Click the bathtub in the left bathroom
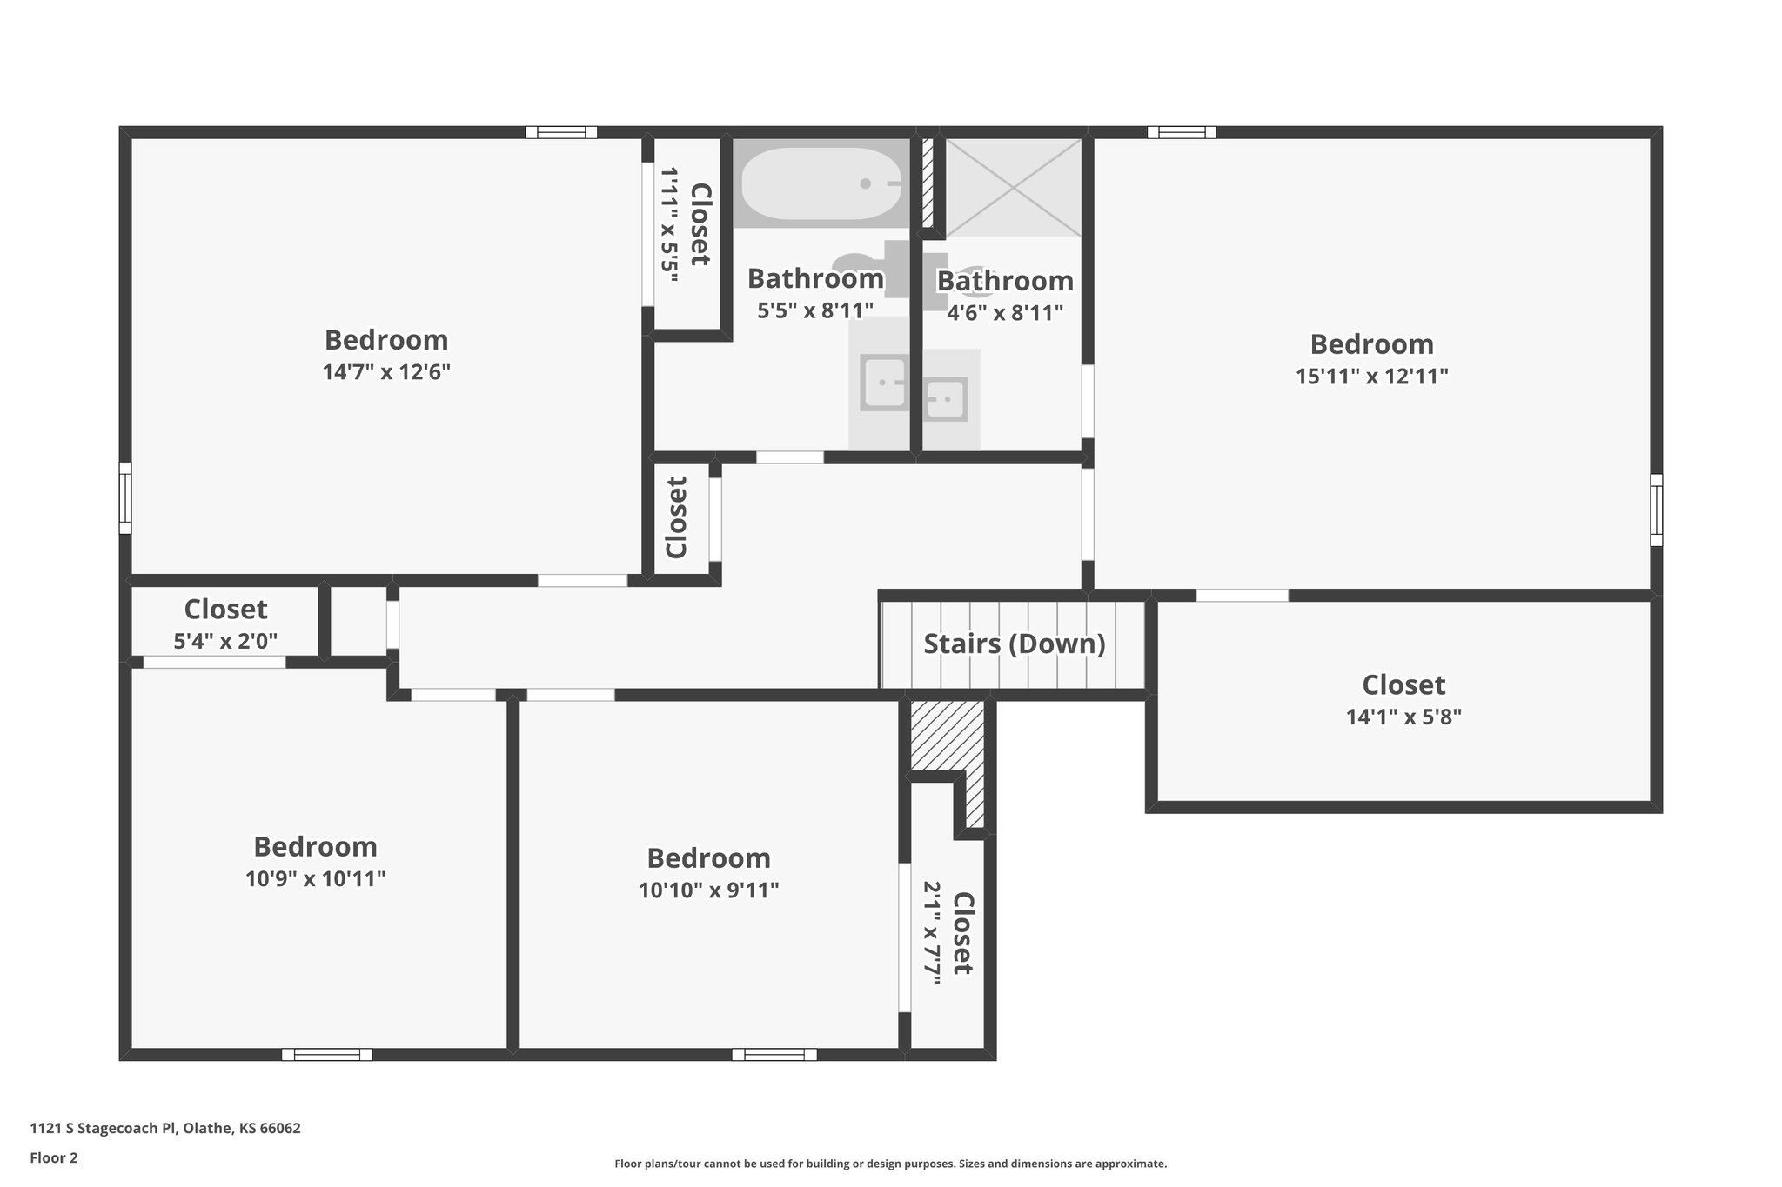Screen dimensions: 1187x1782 click(x=821, y=183)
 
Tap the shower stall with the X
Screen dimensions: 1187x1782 click(x=1014, y=187)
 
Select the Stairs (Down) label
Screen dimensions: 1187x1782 click(x=1014, y=644)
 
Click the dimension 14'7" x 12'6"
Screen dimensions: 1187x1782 click(x=386, y=372)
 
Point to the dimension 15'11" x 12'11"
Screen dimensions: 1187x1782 click(x=1371, y=377)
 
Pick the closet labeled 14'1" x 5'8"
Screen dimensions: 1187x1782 click(x=1403, y=700)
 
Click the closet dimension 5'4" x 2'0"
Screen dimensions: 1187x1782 click(x=225, y=642)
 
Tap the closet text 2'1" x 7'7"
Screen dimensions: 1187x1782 click(x=932, y=933)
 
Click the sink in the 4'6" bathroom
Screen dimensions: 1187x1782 click(x=945, y=400)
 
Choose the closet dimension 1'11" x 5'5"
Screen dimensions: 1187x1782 click(x=668, y=226)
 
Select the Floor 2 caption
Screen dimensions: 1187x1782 click(x=54, y=1157)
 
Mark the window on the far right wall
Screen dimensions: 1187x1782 click(x=1656, y=510)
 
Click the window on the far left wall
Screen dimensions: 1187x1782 click(x=125, y=497)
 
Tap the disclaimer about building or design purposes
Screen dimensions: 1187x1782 click(x=890, y=1164)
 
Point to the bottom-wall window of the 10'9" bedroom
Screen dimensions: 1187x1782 click(x=327, y=1055)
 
